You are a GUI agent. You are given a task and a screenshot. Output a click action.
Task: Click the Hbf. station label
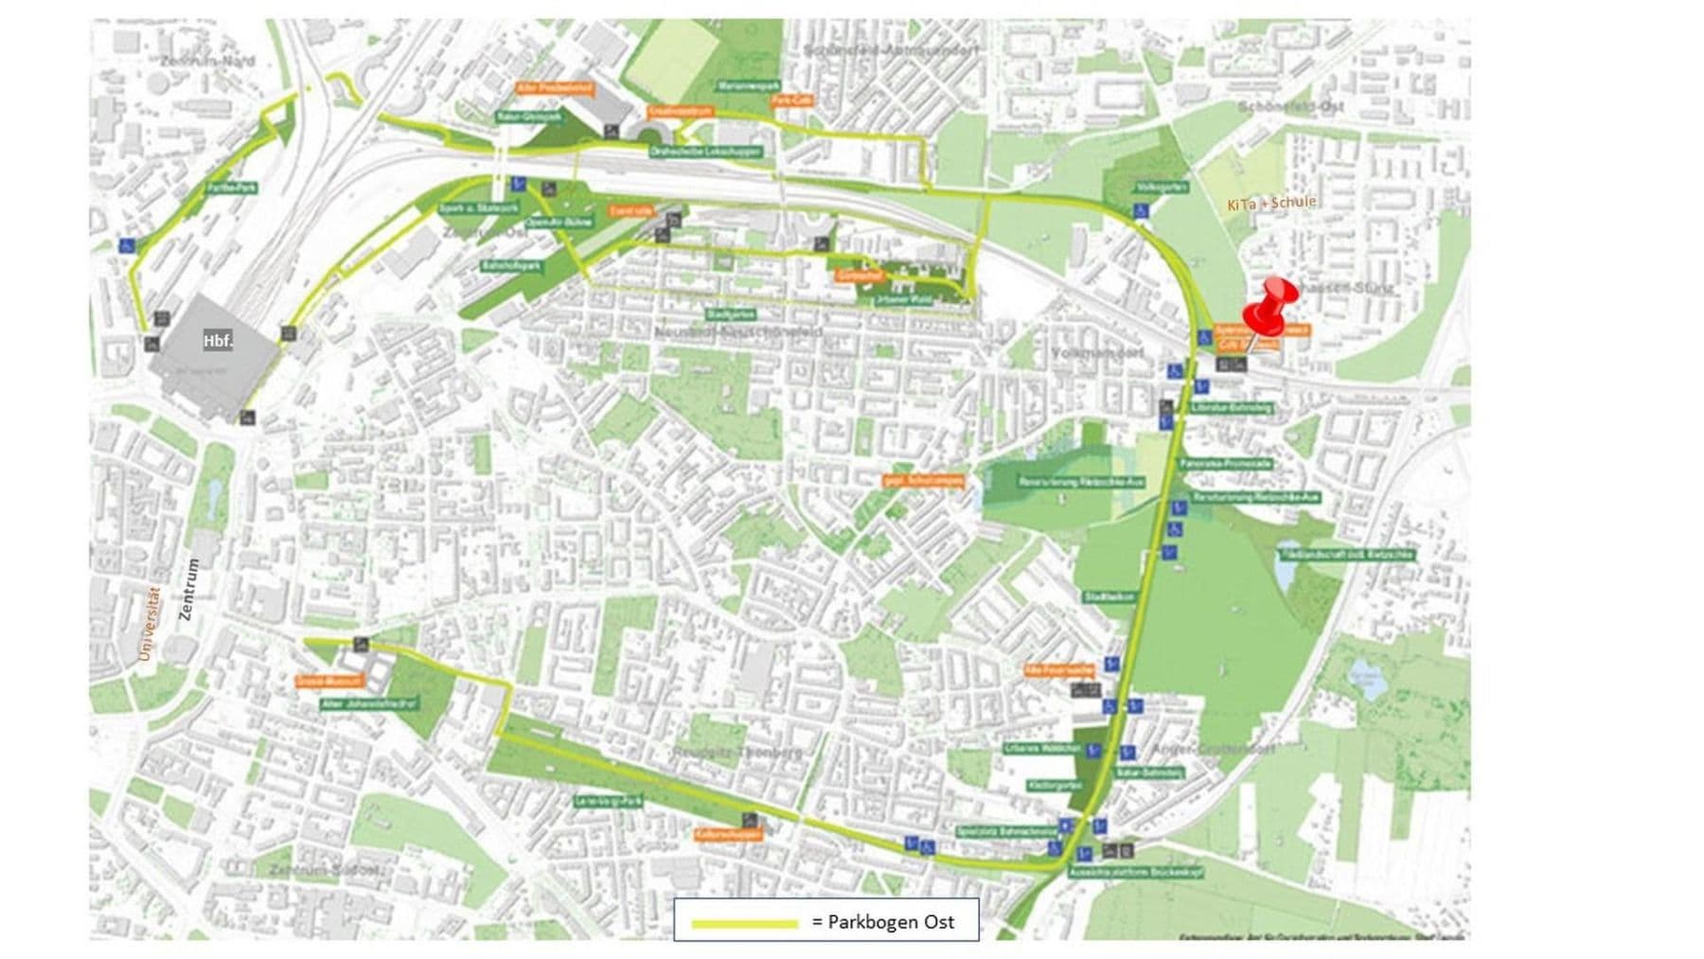click(x=218, y=341)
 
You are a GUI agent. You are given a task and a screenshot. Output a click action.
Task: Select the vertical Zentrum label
click(x=189, y=589)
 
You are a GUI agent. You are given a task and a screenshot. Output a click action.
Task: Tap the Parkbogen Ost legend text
click(x=881, y=922)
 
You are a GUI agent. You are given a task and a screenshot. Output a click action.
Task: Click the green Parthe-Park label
click(x=232, y=187)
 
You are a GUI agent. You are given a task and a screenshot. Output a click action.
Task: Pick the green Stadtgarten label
click(x=730, y=313)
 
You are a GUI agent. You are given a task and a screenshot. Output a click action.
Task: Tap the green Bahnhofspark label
click(x=511, y=266)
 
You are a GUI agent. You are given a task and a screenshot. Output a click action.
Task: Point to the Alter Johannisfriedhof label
click(x=359, y=704)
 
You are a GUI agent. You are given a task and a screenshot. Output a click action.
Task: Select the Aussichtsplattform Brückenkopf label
click(x=1135, y=872)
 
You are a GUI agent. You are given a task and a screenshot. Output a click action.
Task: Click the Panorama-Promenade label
click(x=1225, y=464)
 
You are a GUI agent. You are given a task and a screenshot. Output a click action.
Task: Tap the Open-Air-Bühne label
click(x=559, y=222)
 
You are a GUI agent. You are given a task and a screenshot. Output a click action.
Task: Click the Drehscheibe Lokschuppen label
click(x=705, y=151)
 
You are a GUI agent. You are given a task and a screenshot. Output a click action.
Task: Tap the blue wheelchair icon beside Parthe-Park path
click(x=126, y=245)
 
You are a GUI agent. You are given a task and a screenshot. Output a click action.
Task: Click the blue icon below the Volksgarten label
click(x=1141, y=211)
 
